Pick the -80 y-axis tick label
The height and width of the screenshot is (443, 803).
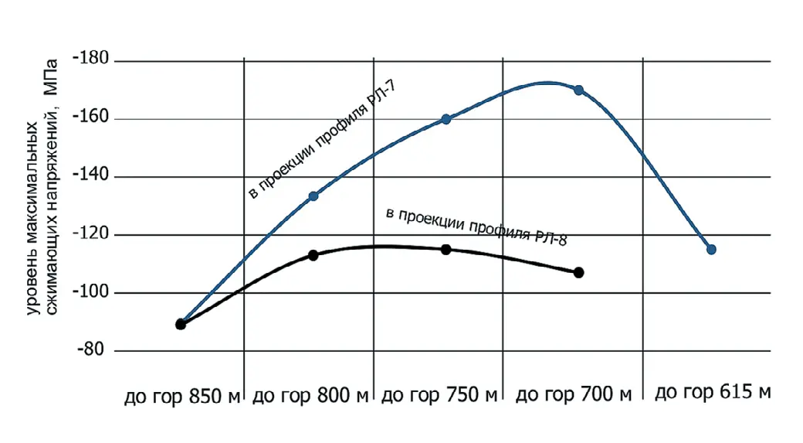pos(93,351)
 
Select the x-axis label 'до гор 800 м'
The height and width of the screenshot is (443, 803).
pos(311,397)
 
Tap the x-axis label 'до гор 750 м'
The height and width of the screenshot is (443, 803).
pos(440,397)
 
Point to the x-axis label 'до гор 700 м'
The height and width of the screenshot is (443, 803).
pos(573,395)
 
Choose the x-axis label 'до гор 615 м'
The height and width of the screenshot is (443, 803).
pos(713,393)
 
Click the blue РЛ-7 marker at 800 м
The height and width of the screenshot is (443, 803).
pos(313,196)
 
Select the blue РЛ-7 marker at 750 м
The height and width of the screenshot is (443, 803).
pos(446,119)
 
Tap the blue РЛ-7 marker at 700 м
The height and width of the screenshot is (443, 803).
pos(578,90)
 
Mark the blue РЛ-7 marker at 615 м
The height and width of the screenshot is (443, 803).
pos(711,249)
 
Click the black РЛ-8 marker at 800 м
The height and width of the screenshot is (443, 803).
pos(313,255)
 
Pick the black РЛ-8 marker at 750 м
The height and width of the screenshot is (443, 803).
pos(446,249)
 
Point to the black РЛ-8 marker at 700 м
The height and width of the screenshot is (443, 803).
pos(579,272)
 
